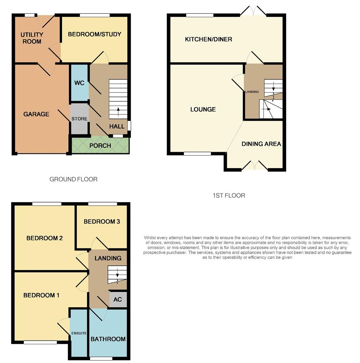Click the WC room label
(79, 83)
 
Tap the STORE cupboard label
(79, 119)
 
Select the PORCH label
(100, 146)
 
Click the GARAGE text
(36, 114)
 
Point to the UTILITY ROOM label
(32, 38)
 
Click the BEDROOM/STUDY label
(95, 34)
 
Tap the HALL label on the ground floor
(117, 126)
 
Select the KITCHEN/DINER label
(209, 39)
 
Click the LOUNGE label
(203, 110)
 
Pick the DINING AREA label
(261, 144)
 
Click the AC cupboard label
(117, 299)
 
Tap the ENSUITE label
(79, 333)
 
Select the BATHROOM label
(108, 339)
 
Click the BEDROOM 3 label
(102, 221)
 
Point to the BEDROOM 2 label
(45, 238)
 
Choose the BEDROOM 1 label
(41, 295)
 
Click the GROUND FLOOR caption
(73, 179)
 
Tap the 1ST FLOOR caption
(229, 195)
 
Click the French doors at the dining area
(255, 166)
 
